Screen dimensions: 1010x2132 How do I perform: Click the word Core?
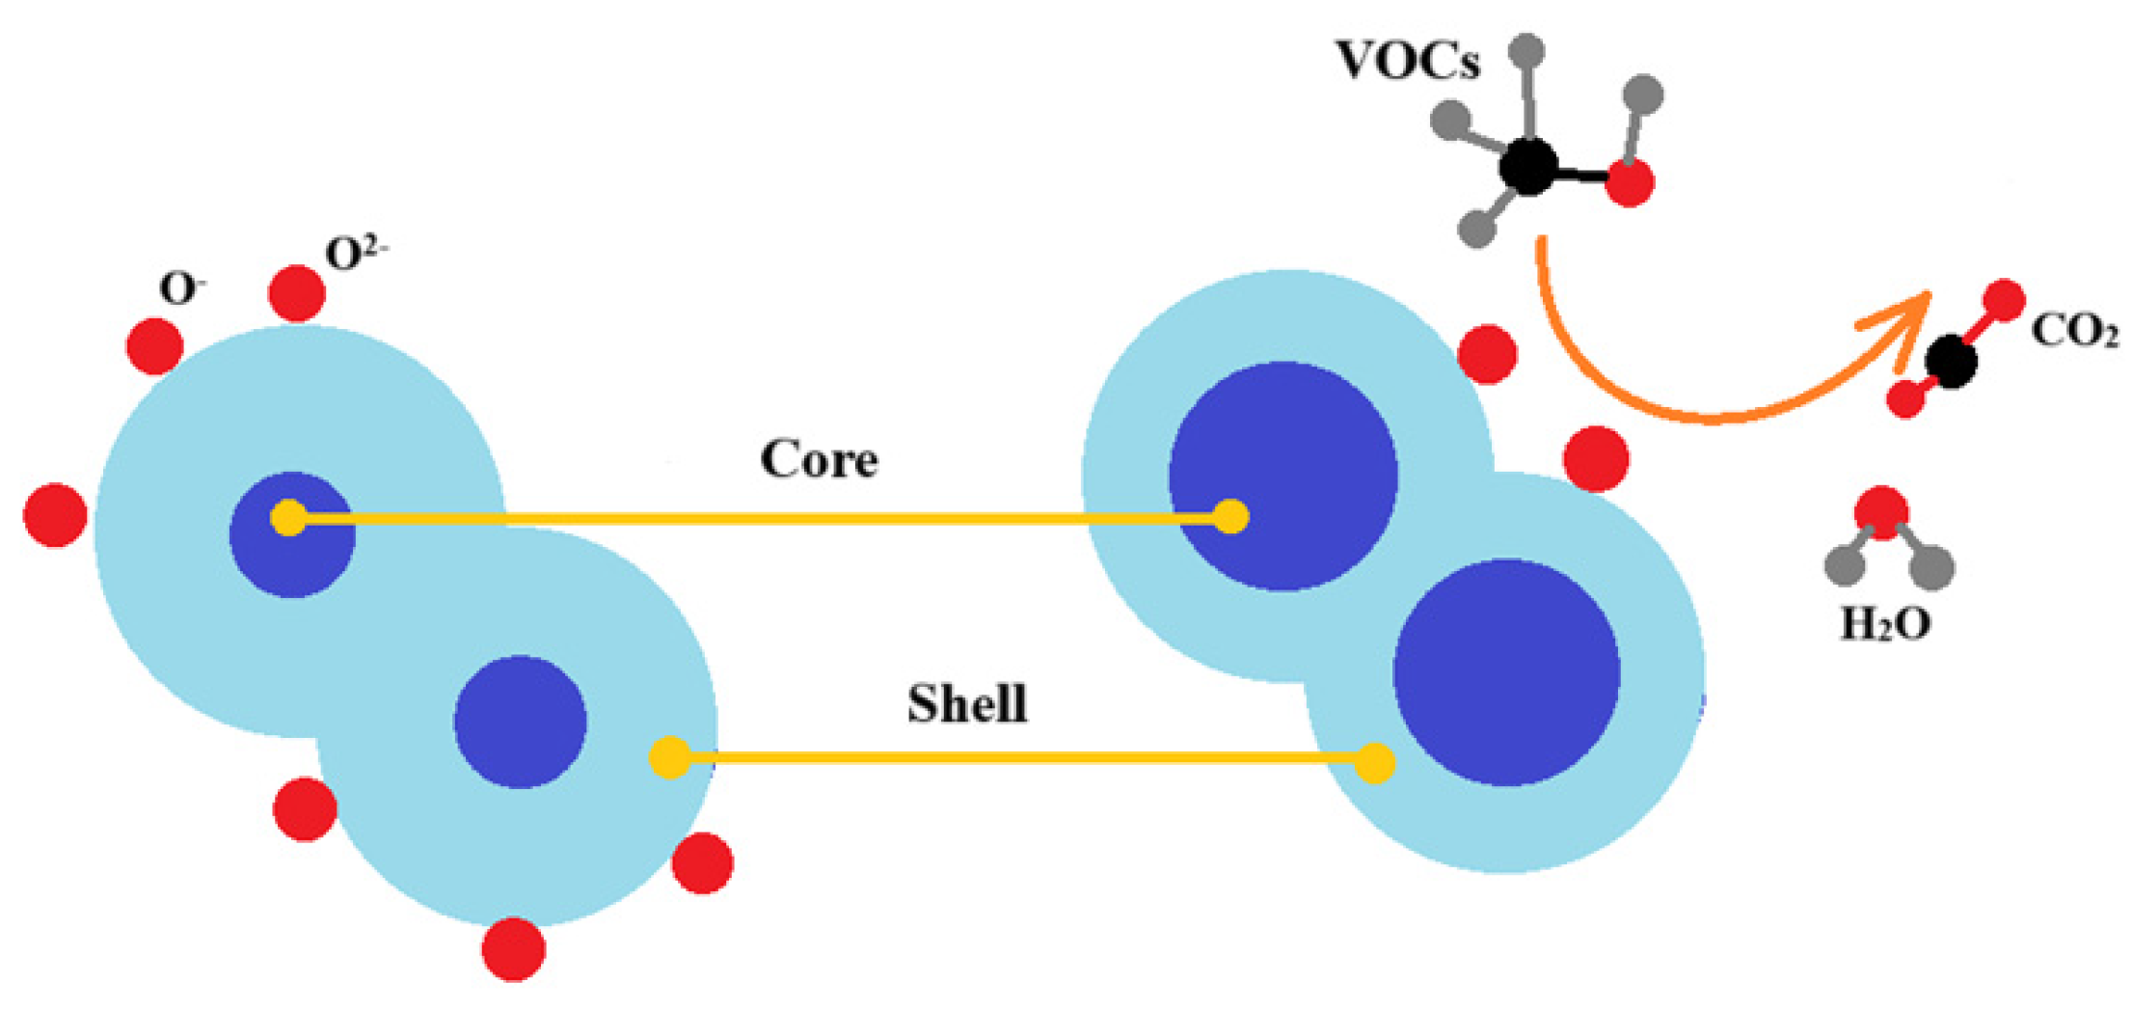[819, 459]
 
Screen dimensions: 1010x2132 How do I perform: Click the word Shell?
[967, 703]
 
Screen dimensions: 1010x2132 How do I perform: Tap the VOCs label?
[1407, 60]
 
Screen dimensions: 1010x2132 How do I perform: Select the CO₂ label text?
[2073, 331]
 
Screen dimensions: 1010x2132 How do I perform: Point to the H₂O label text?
[1885, 624]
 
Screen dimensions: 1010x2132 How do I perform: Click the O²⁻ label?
[356, 253]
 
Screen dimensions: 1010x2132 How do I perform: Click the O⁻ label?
[182, 287]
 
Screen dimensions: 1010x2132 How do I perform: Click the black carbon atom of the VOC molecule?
[1527, 167]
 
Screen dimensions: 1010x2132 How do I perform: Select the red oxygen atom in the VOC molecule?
[1630, 181]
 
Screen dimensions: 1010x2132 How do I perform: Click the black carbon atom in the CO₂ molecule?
[1951, 362]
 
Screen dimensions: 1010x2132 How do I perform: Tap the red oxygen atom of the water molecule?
[1881, 512]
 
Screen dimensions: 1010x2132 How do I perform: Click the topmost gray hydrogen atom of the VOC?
[1526, 51]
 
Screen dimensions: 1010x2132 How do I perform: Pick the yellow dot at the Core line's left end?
[288, 518]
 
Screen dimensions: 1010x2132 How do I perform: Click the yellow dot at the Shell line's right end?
[1375, 763]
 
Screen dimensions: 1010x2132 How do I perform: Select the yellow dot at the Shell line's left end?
[669, 757]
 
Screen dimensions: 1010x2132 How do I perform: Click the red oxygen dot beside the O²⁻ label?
[296, 293]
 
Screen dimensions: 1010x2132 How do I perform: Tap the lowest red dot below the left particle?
[513, 949]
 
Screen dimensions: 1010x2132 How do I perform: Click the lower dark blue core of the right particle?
[1506, 672]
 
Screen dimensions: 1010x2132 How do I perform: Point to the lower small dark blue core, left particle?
[520, 722]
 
